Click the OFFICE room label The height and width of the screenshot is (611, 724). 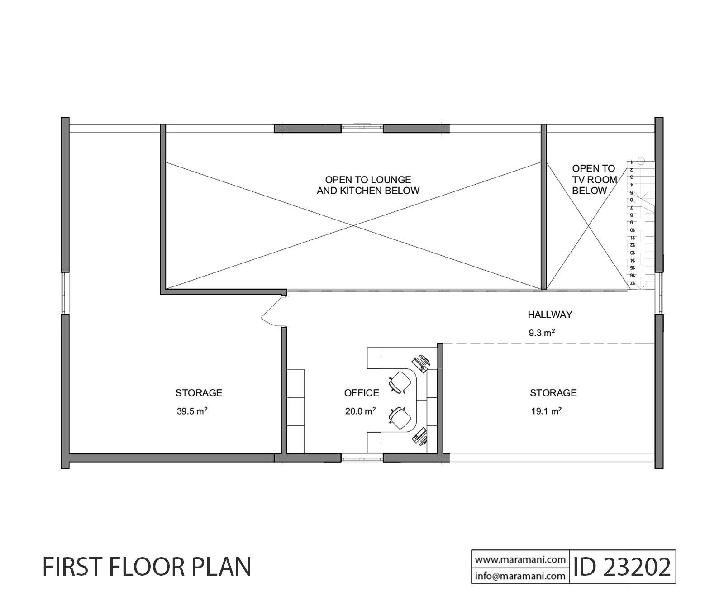pyautogui.click(x=362, y=393)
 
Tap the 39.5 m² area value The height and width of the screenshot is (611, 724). pyautogui.click(x=192, y=411)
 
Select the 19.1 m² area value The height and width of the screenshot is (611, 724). pyautogui.click(x=547, y=411)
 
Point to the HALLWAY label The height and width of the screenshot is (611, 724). pyautogui.click(x=550, y=314)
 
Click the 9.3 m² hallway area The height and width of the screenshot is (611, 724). pyautogui.click(x=542, y=333)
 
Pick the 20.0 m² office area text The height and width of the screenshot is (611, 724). pyautogui.click(x=360, y=411)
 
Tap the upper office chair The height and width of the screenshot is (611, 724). pyautogui.click(x=400, y=382)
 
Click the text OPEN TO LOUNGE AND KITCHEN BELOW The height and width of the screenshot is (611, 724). pyautogui.click(x=368, y=185)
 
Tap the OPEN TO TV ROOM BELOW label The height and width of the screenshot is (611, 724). pyautogui.click(x=594, y=180)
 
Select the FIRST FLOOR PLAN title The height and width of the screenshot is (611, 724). pyautogui.click(x=147, y=567)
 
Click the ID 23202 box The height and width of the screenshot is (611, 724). pyautogui.click(x=623, y=567)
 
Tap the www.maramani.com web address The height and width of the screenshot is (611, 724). pyautogui.click(x=520, y=559)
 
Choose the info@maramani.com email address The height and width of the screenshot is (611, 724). pyautogui.click(x=520, y=576)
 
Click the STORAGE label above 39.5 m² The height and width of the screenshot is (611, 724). pyautogui.click(x=199, y=393)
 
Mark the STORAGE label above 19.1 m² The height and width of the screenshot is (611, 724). pyautogui.click(x=553, y=393)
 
